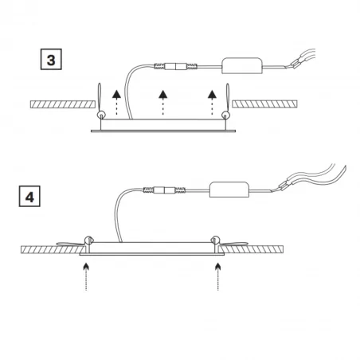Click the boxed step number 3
pos(51,59)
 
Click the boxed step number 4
pos(29,196)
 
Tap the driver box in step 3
pos(241,65)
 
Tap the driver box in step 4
pos(229,190)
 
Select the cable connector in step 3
pos(176,66)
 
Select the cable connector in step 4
pos(164,190)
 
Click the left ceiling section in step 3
pos(63,104)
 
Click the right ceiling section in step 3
pos(264,104)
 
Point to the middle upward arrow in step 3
pos(163,103)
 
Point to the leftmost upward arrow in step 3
pos(116,103)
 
